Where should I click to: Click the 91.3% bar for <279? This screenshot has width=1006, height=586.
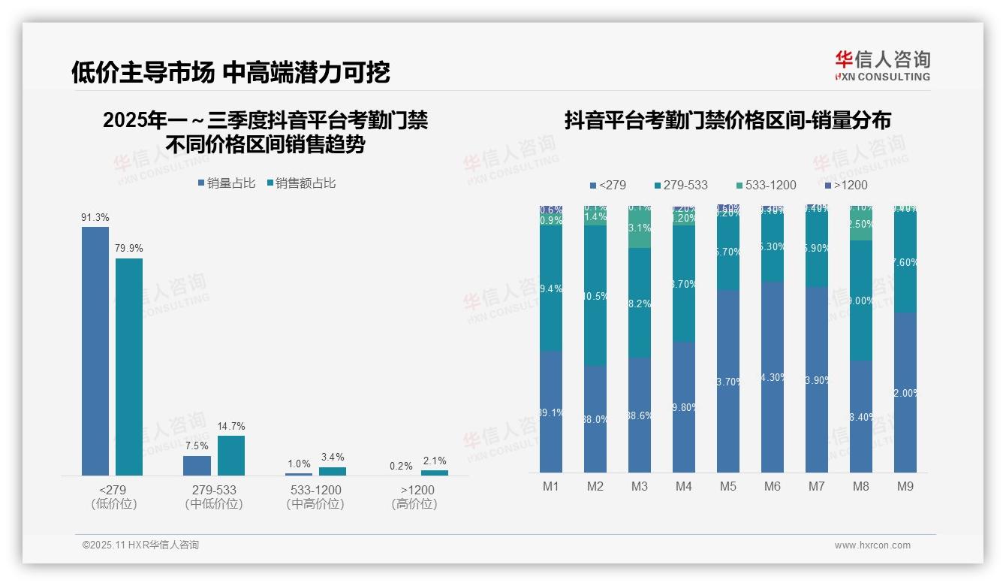pyautogui.click(x=95, y=351)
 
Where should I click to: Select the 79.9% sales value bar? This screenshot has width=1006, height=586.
pyautogui.click(x=129, y=367)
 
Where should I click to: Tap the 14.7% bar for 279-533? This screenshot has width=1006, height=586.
pyautogui.click(x=231, y=455)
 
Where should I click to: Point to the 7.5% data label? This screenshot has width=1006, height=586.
pyautogui.click(x=197, y=446)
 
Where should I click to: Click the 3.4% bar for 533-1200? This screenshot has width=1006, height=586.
pyautogui.click(x=333, y=471)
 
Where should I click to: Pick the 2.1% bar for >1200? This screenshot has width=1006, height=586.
pyautogui.click(x=435, y=473)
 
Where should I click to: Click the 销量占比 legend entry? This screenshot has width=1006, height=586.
pyautogui.click(x=226, y=183)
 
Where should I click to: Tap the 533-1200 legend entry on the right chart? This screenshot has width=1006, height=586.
pyautogui.click(x=765, y=185)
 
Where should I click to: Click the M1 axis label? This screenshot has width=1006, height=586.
pyautogui.click(x=551, y=486)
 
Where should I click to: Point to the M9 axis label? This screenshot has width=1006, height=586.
pyautogui.click(x=905, y=486)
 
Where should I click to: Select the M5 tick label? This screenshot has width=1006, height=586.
pyautogui.click(x=728, y=486)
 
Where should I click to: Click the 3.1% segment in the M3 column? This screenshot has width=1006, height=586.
pyautogui.click(x=640, y=228)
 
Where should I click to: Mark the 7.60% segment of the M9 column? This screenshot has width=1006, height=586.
pyautogui.click(x=905, y=262)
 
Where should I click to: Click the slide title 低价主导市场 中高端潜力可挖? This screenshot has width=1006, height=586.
pyautogui.click(x=230, y=72)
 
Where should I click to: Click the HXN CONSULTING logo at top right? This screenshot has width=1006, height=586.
pyautogui.click(x=882, y=66)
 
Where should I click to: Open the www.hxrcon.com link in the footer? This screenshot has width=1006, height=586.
pyautogui.click(x=872, y=545)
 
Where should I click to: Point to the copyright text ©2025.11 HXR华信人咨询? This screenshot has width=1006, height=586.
pyautogui.click(x=140, y=545)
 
